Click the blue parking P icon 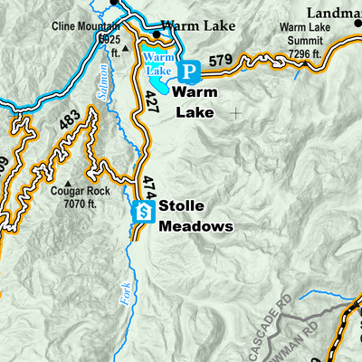coord(189,71)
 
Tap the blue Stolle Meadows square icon coord(142,212)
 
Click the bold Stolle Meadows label coord(195,216)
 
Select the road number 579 coord(221,61)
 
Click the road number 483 coord(68,119)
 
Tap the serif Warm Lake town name coord(199,26)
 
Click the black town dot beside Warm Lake coord(157,34)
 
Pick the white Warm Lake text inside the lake coord(159,64)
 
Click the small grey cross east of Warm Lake coord(236,113)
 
